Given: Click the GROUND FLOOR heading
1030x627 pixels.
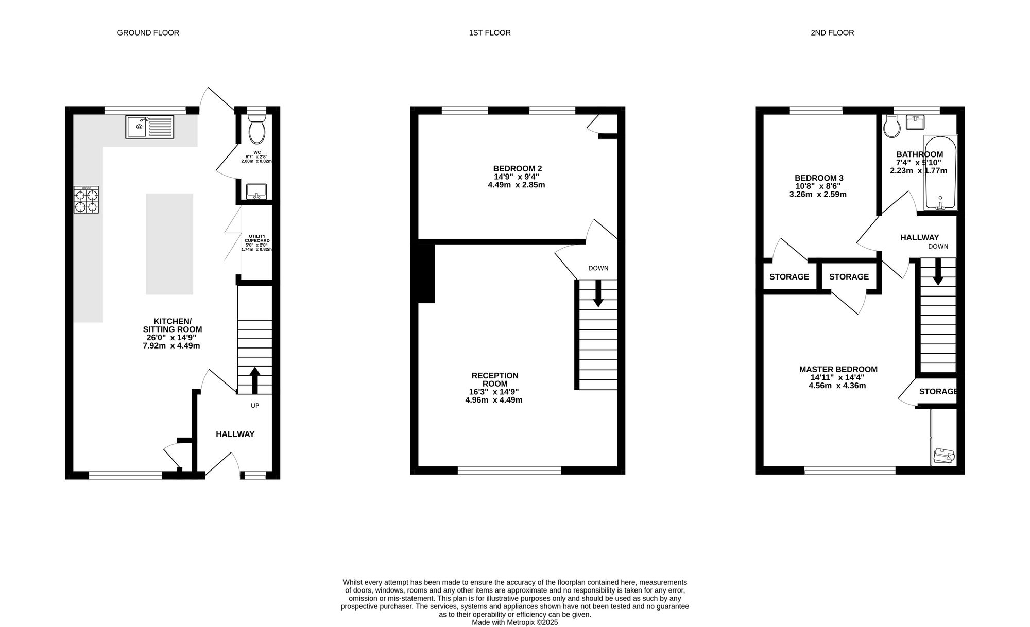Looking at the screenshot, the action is coord(148,33).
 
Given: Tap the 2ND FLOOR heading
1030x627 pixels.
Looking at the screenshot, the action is coord(832,33).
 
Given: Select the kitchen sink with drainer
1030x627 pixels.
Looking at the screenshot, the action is coord(150,127).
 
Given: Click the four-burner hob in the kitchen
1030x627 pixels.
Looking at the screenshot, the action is coord(86,200).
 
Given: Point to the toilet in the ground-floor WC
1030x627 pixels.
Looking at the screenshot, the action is coord(256,129).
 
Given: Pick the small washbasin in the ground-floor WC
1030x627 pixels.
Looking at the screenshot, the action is coord(256,191).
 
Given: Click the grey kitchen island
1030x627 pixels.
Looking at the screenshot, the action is coord(169,244).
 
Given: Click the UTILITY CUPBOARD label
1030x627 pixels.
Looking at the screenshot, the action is coord(256,238).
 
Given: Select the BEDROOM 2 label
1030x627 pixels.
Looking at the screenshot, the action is coord(518,168).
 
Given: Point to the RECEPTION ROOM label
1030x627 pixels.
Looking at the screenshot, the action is coord(495,379).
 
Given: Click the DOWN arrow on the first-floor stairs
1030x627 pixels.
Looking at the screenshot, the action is coord(598,293).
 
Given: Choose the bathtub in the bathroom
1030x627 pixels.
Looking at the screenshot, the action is coord(940,172).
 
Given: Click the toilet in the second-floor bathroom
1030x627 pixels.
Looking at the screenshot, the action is coord(891,126).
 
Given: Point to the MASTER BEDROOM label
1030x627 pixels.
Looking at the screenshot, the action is coord(838,369).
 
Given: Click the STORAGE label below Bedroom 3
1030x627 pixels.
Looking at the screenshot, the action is coord(789,277).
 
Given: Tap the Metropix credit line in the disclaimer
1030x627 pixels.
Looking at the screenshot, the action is coord(515,622).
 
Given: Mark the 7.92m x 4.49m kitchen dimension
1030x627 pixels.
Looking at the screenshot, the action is coord(171,346).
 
